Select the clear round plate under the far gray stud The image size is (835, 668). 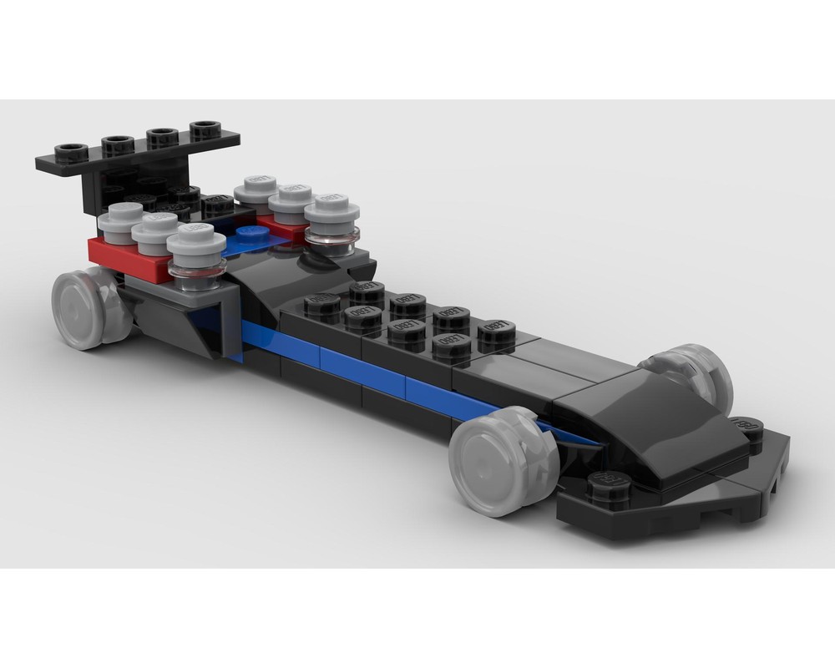[331, 240]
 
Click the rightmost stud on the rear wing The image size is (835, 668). [205, 129]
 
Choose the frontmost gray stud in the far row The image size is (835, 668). [331, 206]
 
